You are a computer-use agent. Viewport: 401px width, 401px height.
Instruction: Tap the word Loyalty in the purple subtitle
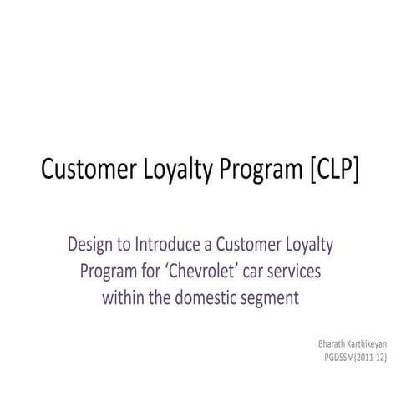coord(310,246)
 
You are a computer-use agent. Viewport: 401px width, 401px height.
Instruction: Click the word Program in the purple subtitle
coord(108,272)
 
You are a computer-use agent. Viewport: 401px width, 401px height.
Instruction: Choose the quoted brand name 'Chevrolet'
coord(200,272)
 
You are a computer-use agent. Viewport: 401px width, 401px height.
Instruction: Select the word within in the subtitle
coord(124,298)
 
